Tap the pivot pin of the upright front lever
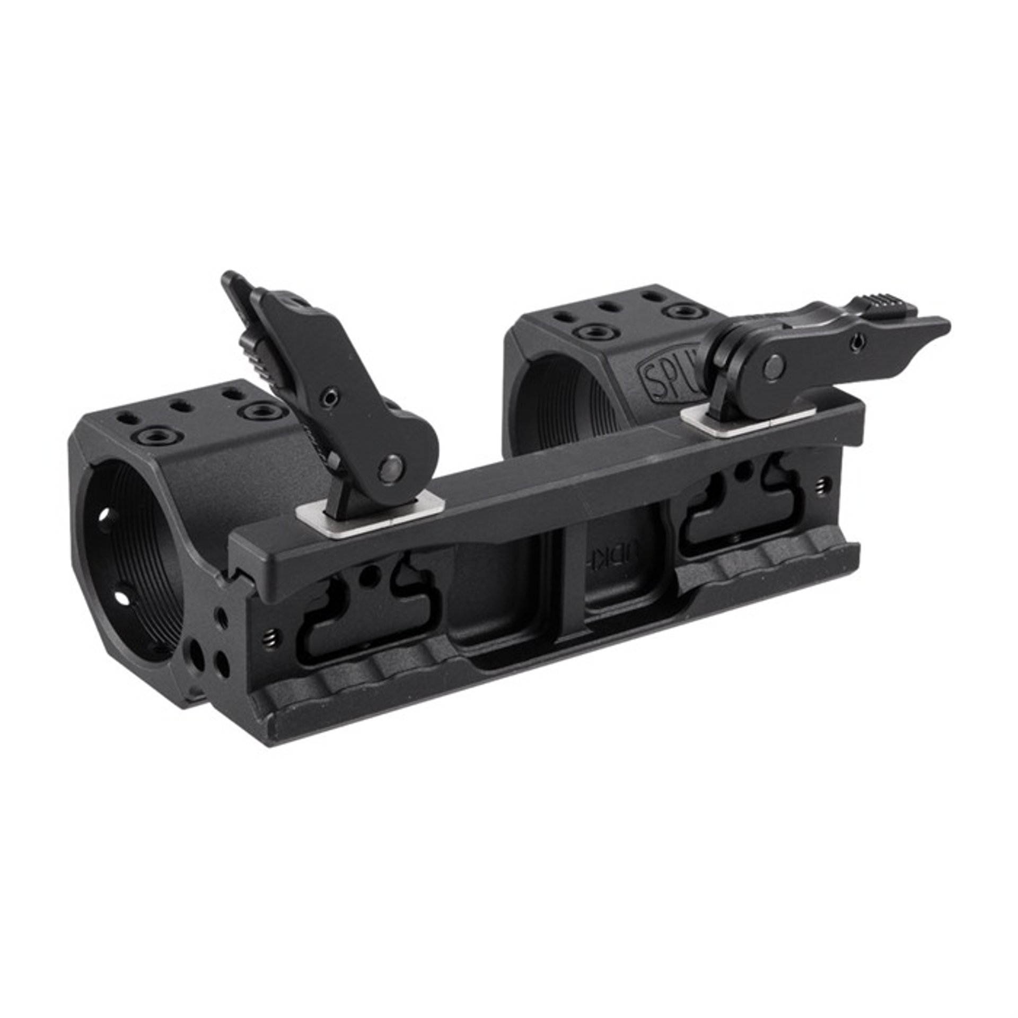tap(391, 468)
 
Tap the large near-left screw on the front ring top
tap(154, 436)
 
